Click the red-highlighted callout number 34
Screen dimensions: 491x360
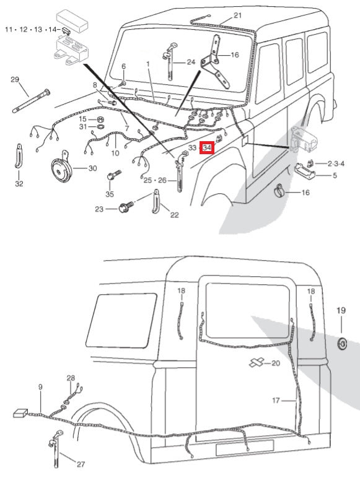(x=207, y=148)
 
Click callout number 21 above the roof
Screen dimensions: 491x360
(x=238, y=15)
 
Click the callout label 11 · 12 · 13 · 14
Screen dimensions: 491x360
(x=32, y=29)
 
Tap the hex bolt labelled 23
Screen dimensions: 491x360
(x=124, y=208)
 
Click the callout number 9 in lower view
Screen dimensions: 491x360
(x=40, y=387)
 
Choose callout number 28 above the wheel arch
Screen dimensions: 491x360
(x=71, y=378)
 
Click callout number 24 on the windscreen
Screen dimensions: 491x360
(x=190, y=62)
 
